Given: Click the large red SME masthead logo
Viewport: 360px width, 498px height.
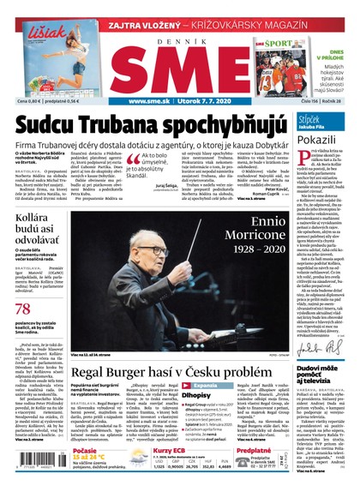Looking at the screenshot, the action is pos(179,67).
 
